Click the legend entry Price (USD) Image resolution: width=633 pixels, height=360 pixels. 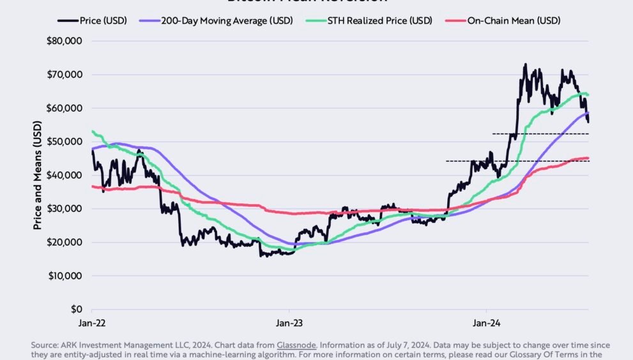point(103,20)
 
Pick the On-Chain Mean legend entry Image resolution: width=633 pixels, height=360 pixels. point(514,20)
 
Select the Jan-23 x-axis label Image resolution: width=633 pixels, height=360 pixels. point(289,323)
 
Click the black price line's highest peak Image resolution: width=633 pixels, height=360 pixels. point(525,64)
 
